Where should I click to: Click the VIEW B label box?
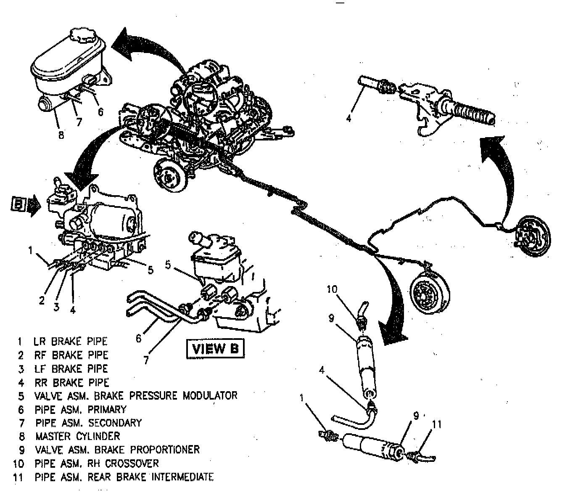[x=215, y=349]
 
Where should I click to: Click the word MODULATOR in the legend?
[x=209, y=396]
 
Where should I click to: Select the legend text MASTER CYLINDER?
[x=78, y=436]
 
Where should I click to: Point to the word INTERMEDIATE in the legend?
[x=182, y=477]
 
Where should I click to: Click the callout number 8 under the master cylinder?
[x=61, y=136]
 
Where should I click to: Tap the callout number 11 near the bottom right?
[x=437, y=424]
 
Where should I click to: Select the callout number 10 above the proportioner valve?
[x=332, y=289]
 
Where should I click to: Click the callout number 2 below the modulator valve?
[x=42, y=300]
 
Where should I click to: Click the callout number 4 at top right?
[x=349, y=118]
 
